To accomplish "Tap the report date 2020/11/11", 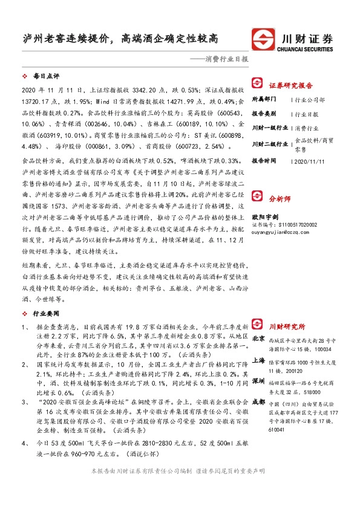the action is [x=308, y=161].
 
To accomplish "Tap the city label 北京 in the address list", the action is [x=258, y=339].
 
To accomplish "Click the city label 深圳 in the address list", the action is [x=258, y=381].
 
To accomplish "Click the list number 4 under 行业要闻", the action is [x=24, y=444].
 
